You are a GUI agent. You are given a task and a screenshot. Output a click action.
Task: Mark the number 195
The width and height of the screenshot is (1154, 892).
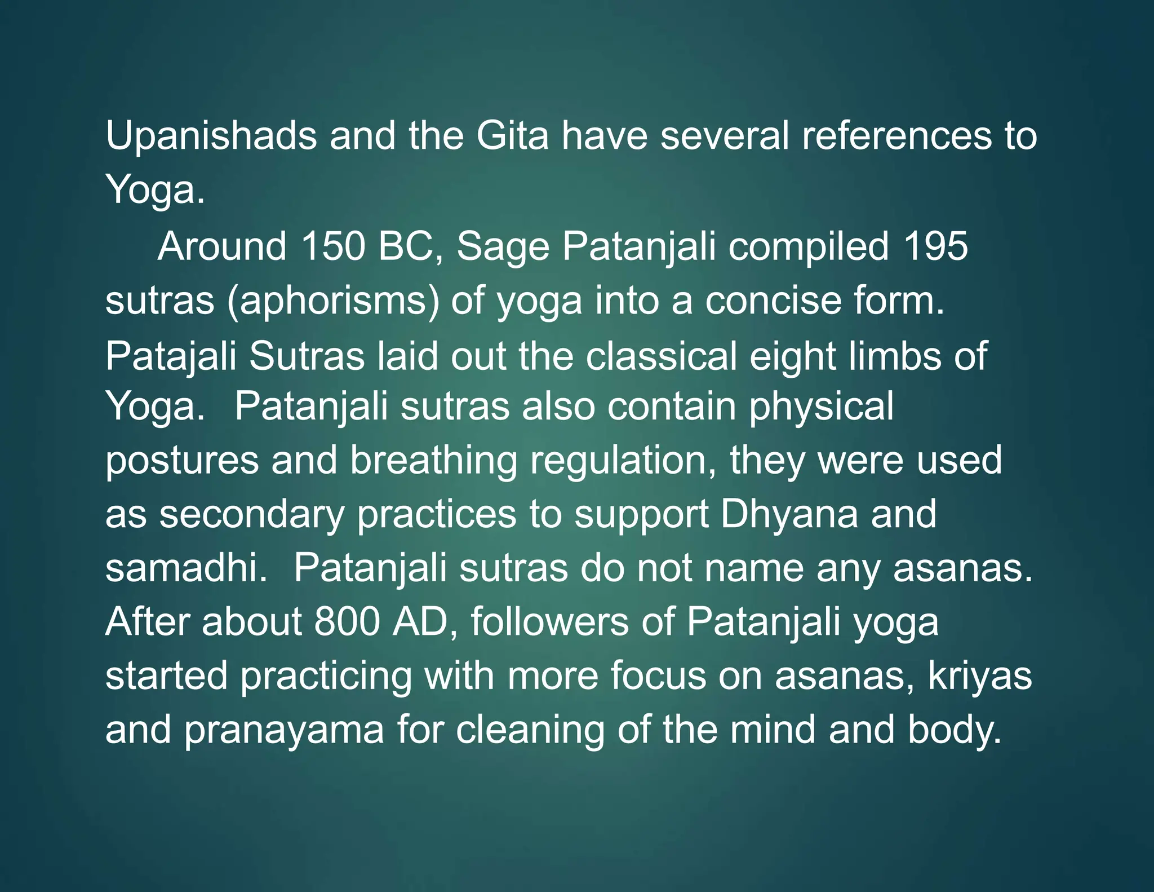(935, 246)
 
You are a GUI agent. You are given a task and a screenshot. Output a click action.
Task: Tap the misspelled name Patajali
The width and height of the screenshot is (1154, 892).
(171, 357)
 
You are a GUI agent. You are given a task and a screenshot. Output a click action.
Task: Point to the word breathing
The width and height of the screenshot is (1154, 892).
(433, 461)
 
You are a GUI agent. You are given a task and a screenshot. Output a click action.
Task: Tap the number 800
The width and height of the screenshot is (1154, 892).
(346, 622)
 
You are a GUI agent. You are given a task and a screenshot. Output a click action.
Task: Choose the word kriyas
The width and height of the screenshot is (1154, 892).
(979, 677)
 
